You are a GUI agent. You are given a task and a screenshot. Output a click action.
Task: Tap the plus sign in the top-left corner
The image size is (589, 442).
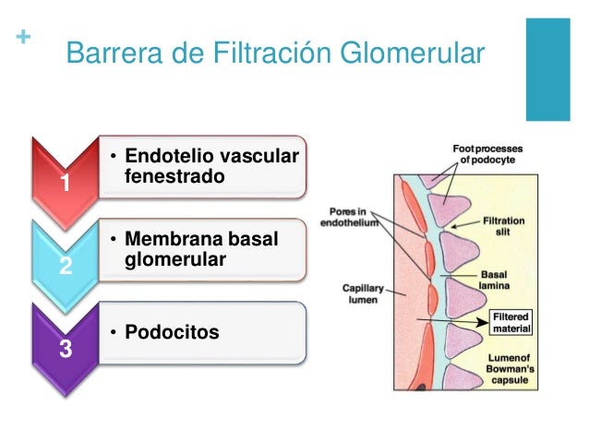tap(22, 39)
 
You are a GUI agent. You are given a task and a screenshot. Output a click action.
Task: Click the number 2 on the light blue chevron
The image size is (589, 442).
tap(64, 268)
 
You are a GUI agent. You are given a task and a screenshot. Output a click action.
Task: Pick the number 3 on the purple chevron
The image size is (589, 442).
tap(64, 350)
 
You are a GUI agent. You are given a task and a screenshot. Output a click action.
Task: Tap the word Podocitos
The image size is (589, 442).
tap(172, 331)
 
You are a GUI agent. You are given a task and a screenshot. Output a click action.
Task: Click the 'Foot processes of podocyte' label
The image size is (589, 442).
tap(489, 152)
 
